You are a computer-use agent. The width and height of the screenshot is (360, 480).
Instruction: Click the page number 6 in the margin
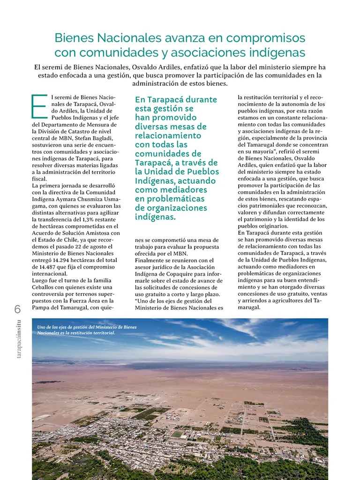pyautogui.click(x=17, y=309)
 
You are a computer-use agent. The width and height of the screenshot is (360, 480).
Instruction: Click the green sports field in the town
pyautogui.click(x=176, y=434)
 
